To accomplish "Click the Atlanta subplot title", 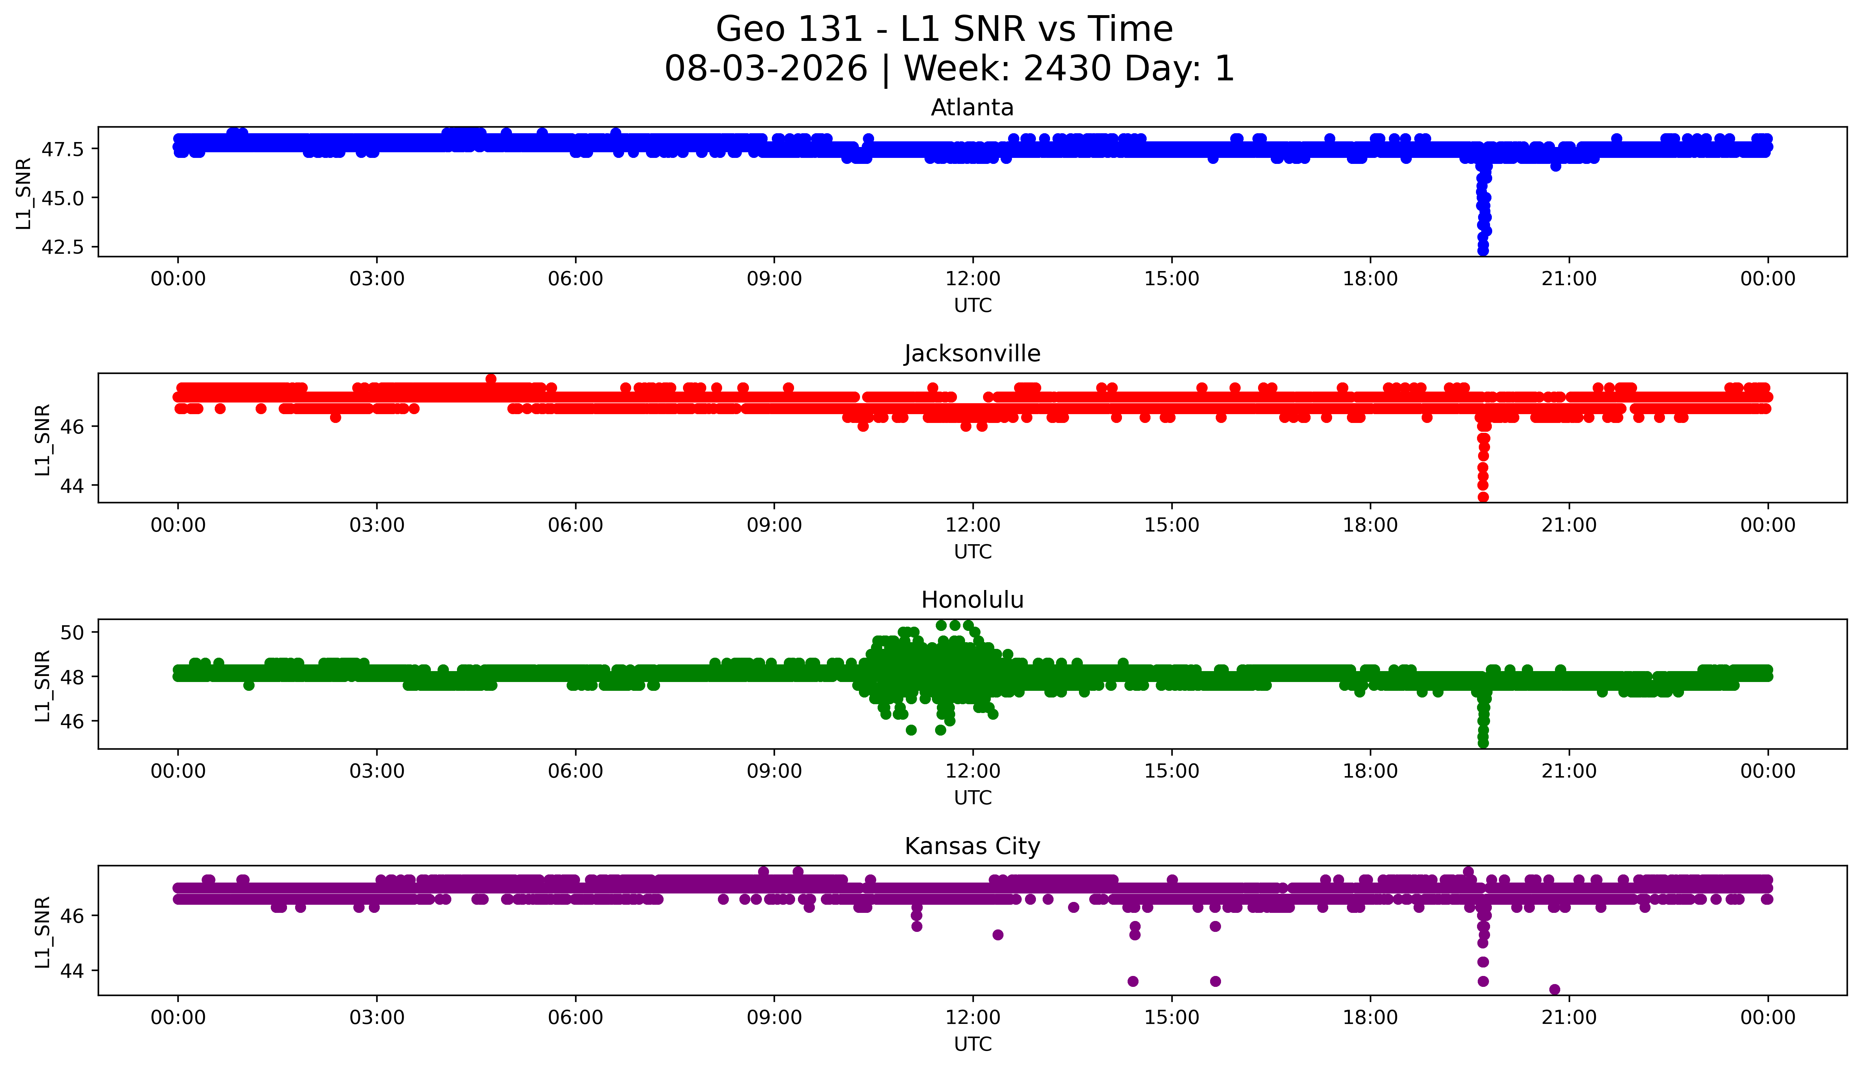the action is pos(972,108).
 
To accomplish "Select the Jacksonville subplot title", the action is pos(972,354).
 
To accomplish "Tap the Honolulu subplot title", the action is pos(972,600).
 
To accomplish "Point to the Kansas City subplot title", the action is pos(972,847).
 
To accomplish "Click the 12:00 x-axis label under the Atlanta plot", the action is pos(972,279).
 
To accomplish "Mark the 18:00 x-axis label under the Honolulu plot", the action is pos(1371,771).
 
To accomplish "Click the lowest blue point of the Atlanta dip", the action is pos(1483,250).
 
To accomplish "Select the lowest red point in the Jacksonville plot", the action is pos(1483,497).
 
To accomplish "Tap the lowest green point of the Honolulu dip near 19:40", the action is pos(1483,743).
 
